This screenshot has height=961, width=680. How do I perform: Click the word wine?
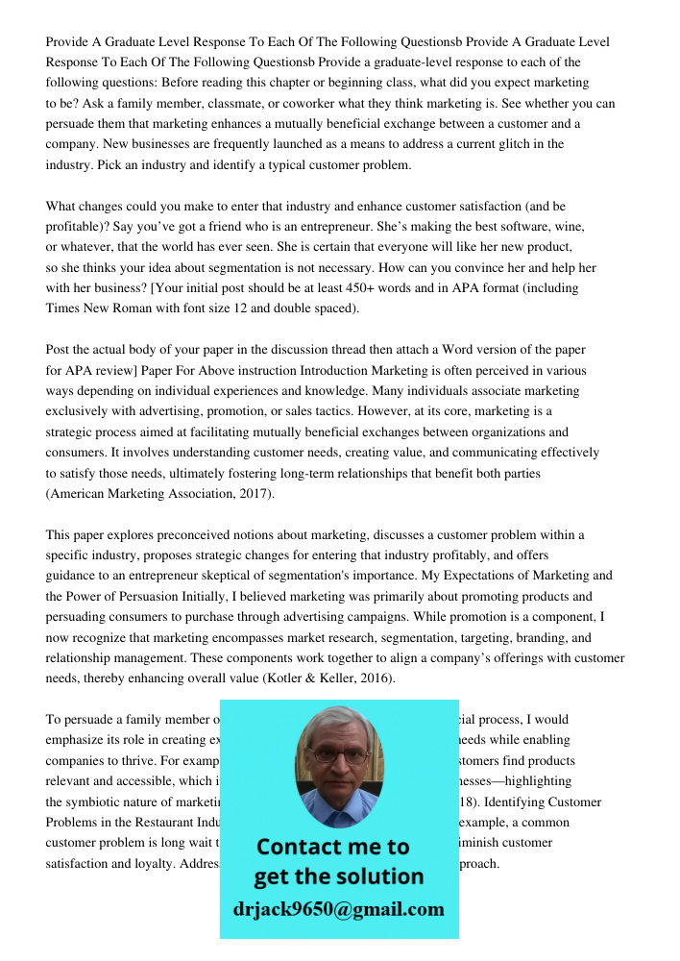(x=565, y=226)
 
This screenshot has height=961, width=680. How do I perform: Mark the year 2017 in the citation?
(x=254, y=493)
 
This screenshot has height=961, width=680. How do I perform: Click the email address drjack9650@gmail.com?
(x=339, y=909)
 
